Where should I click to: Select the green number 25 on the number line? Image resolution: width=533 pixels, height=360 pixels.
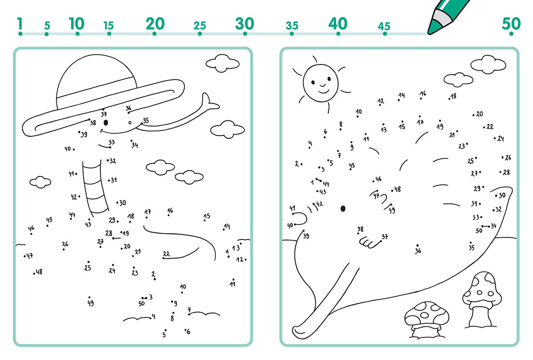pos(199,26)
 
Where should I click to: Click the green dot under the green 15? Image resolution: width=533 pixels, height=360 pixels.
pos(109,34)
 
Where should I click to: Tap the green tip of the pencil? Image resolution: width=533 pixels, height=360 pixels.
pos(432,28)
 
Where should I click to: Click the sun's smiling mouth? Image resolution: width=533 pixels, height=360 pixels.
pos(324,92)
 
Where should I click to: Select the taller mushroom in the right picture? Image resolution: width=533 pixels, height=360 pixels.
pos(482,300)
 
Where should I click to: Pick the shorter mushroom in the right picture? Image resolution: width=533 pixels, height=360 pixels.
pos(427,320)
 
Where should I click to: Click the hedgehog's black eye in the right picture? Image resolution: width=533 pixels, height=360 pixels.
pos(343,208)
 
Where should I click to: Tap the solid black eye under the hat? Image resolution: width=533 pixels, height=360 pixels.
pos(106,123)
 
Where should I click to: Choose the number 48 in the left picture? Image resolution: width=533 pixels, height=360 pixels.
pos(39,272)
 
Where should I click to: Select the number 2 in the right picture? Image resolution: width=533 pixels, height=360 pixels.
pos(297,164)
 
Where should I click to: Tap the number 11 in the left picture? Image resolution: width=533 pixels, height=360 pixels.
pos(232,284)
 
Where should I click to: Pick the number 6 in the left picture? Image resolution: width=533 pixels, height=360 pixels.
pos(188,332)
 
